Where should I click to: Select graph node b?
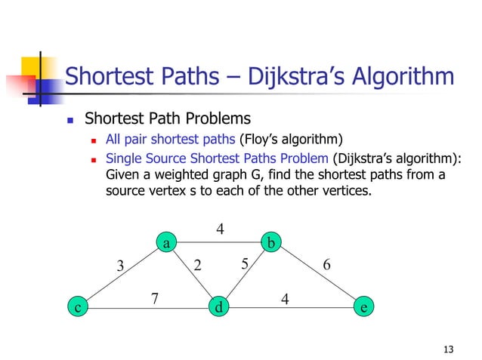tap(271, 242)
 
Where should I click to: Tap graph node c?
tap(76, 307)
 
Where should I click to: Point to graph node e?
tap(365, 307)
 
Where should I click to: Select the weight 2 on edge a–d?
tap(198, 265)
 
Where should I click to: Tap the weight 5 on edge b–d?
tap(245, 263)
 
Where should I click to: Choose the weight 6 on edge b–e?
tap(326, 266)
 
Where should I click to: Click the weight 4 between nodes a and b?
tap(220, 227)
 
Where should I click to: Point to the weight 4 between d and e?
tap(285, 298)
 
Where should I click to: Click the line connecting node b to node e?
tap(318, 275)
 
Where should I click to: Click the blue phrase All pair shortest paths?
tap(171, 140)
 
